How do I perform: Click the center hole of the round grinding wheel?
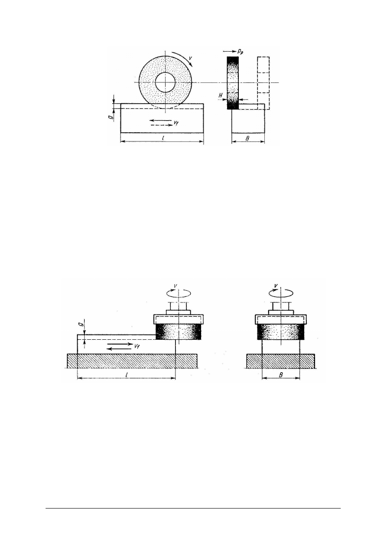166,82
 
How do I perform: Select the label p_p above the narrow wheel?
240,51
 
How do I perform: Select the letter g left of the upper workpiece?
111,116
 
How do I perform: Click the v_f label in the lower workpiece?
137,346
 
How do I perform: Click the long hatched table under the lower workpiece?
132,361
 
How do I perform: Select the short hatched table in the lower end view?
281,361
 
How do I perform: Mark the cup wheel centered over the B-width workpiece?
281,332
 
